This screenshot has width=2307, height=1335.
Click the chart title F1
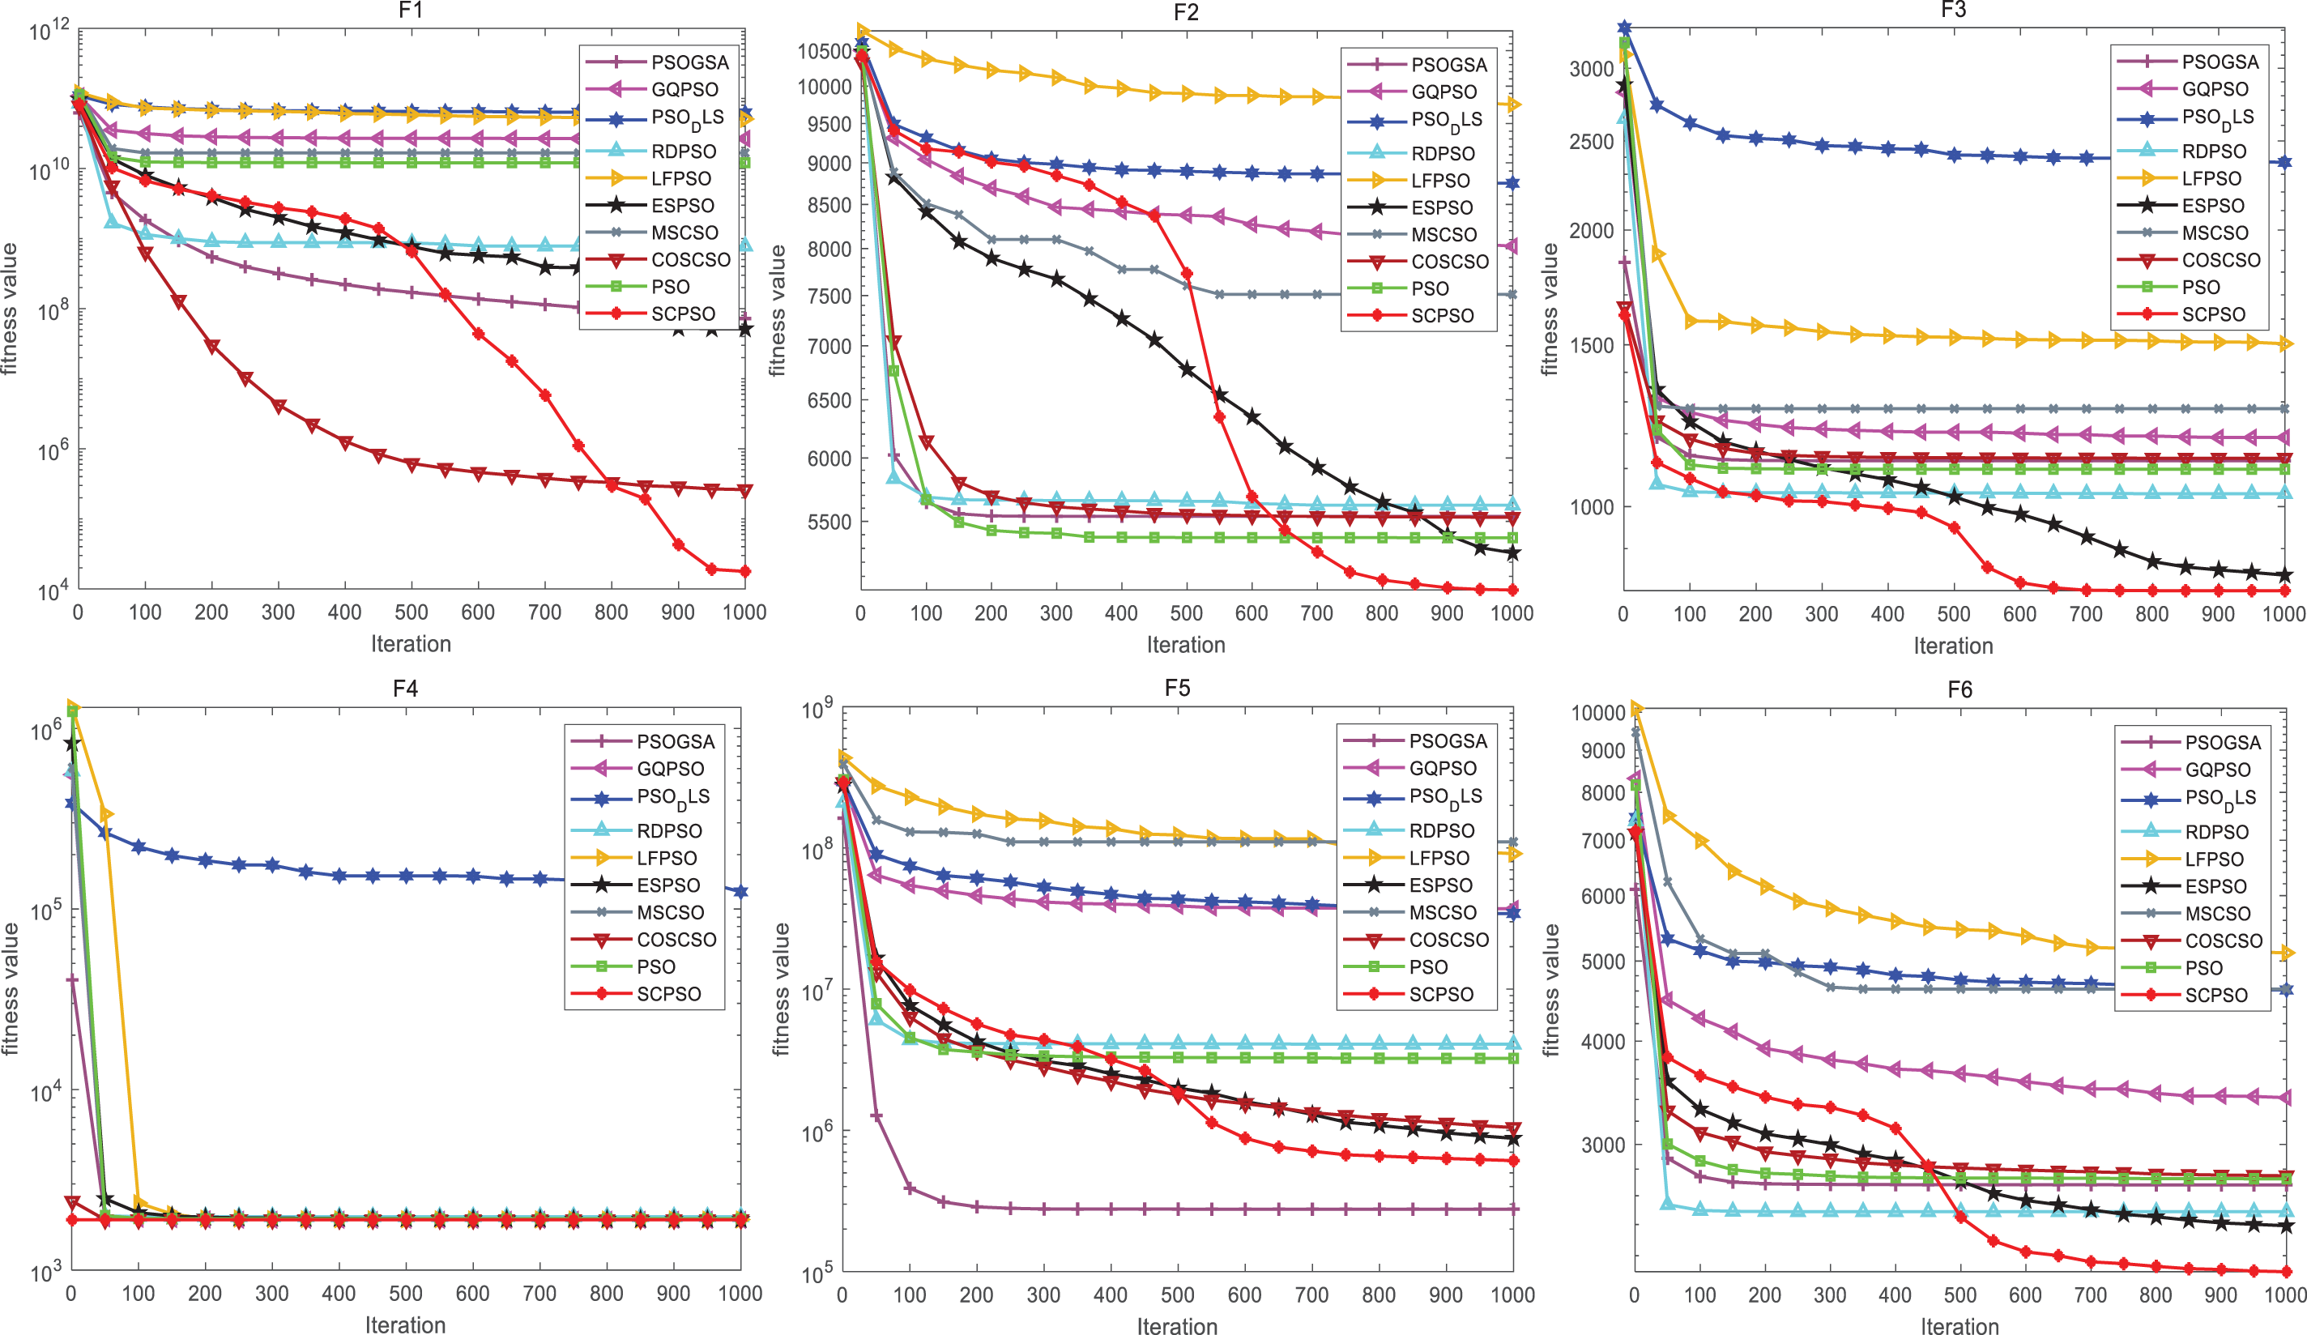pos(410,11)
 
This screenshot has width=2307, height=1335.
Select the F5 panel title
pos(1176,689)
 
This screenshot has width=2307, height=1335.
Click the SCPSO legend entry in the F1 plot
pos(683,314)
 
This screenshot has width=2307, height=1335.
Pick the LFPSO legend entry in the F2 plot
pos(1440,181)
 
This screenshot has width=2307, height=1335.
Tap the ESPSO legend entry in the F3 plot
pos(2213,206)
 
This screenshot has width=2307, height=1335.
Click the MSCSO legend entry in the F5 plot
pos(1442,913)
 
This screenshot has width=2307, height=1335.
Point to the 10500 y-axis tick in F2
pos(825,51)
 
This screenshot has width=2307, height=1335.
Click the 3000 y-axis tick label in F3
pos(1591,70)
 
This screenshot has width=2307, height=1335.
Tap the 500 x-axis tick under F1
pos(411,612)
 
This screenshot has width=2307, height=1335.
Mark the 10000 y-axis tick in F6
pos(1597,712)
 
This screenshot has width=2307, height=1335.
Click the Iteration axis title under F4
pos(405,1325)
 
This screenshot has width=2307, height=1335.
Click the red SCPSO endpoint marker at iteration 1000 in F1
pos(744,571)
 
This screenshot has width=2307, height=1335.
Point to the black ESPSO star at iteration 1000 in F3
pos(2284,575)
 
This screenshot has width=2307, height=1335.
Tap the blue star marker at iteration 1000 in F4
pos(740,891)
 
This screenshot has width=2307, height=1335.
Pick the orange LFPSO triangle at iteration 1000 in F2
pos(1512,105)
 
